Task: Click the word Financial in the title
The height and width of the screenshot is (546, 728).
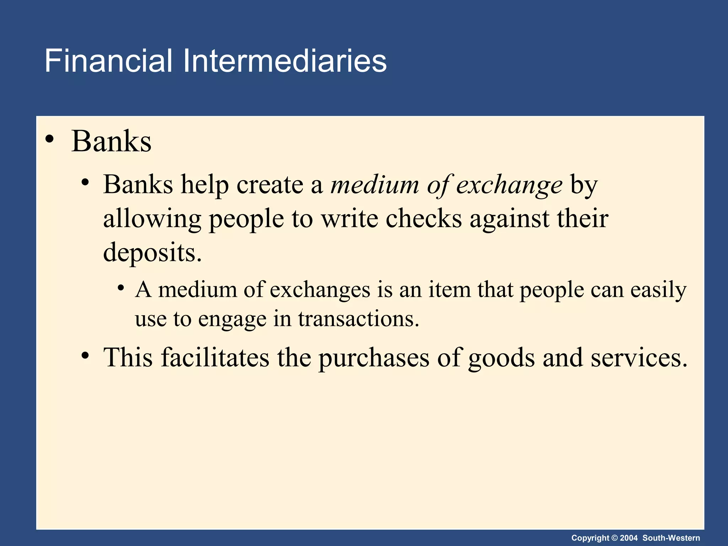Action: pos(108,61)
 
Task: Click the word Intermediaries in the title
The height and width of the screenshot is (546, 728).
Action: pos(284,61)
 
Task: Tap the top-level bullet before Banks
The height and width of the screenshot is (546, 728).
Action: pos(50,139)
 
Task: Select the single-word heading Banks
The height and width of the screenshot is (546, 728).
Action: pos(111,141)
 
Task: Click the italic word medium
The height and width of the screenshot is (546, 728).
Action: pos(375,185)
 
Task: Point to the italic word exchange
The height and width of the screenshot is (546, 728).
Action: pos(509,186)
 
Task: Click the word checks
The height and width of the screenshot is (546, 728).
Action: pos(424,218)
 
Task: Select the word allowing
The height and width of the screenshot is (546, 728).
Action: pos(152,219)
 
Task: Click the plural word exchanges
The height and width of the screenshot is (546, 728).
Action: pos(320,290)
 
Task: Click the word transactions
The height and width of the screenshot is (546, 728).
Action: pos(359,318)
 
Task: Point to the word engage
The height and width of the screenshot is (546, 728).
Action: pos(232,319)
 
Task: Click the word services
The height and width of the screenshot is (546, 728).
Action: pos(639,358)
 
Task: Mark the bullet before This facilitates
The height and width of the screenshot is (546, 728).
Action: pos(85,355)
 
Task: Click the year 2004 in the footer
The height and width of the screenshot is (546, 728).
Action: pos(629,538)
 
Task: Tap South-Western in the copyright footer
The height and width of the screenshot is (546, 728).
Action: pos(671,538)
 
